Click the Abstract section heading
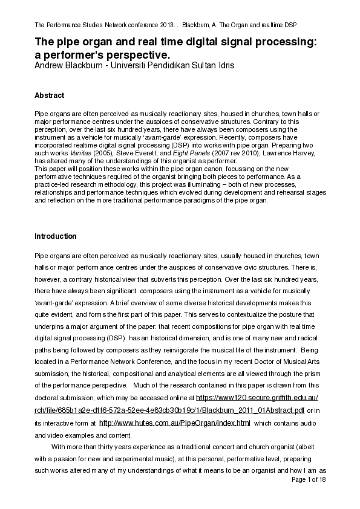pyautogui.click(x=50, y=96)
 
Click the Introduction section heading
pyautogui.click(x=56, y=236)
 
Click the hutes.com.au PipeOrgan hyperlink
pyautogui.click(x=174, y=423)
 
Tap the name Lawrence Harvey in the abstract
pyautogui.click(x=270, y=154)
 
